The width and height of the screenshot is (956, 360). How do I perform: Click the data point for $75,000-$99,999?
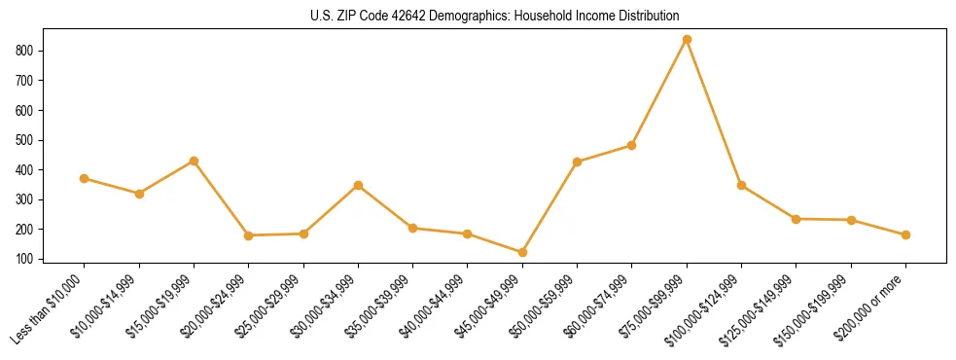687,39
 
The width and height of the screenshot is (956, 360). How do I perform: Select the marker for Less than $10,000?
85,178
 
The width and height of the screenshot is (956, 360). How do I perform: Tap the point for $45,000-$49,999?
522,253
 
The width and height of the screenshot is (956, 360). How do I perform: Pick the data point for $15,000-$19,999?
194,161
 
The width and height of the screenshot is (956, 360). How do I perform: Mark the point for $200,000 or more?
905,234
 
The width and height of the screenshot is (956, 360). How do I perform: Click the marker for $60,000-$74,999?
632,145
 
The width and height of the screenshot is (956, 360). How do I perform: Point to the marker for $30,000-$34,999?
358,185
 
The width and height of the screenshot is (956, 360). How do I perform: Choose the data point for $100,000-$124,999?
741,185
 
